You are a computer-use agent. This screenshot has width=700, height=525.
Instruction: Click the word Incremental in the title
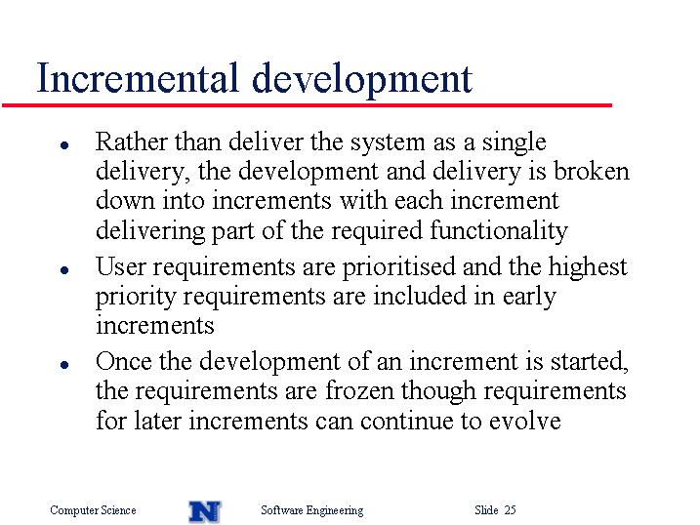[138, 78]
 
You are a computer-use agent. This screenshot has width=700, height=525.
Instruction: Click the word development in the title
[362, 80]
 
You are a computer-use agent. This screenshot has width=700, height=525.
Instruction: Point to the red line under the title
[307, 105]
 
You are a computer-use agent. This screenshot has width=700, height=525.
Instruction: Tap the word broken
[592, 171]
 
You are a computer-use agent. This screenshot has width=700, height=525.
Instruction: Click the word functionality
[499, 231]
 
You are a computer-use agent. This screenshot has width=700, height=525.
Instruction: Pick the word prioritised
[398, 267]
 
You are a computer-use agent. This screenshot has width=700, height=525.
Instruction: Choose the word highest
[588, 267]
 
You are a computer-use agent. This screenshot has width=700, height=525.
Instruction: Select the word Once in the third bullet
[124, 360]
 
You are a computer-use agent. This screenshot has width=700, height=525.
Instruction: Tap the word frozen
[359, 390]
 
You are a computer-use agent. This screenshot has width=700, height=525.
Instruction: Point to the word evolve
[524, 421]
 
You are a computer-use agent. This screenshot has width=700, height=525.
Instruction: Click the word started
[590, 361]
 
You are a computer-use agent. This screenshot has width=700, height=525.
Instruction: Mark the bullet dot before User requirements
[64, 270]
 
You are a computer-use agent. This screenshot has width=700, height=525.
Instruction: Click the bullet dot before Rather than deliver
[64, 145]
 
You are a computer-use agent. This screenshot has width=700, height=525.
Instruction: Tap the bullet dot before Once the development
[64, 364]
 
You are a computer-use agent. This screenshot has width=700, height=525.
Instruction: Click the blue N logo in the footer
[205, 511]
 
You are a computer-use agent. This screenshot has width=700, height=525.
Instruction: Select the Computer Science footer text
[93, 509]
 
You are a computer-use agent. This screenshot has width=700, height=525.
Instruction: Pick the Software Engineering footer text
[312, 509]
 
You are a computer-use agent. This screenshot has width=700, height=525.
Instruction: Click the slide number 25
[511, 509]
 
